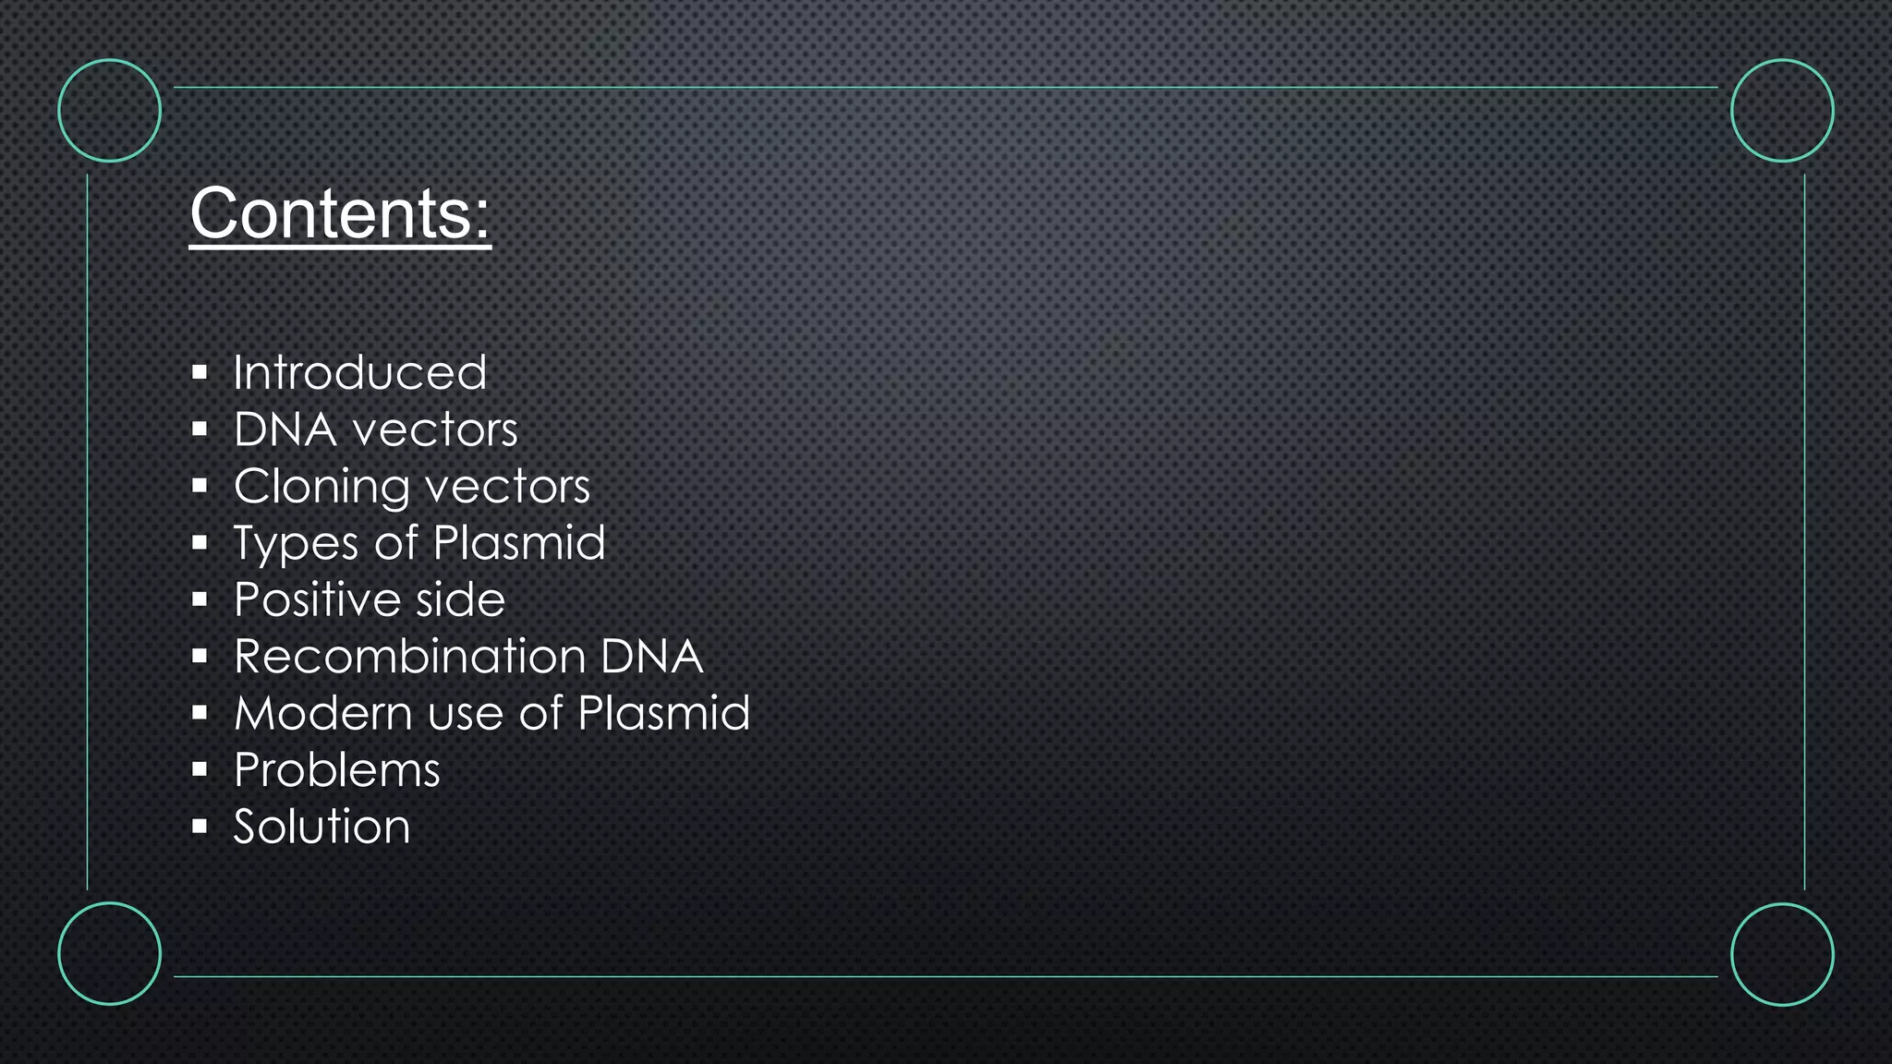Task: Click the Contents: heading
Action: click(x=340, y=213)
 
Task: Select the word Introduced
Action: click(x=359, y=372)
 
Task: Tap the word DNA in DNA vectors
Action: click(x=285, y=429)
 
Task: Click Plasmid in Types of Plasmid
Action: click(x=519, y=542)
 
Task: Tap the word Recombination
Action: click(x=409, y=657)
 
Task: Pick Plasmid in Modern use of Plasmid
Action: click(x=663, y=713)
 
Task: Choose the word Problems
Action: click(x=337, y=770)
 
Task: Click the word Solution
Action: click(x=321, y=827)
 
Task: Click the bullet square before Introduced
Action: click(x=200, y=373)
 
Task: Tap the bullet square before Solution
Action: click(x=200, y=827)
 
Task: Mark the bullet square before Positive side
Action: click(x=200, y=600)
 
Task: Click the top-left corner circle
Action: click(x=110, y=111)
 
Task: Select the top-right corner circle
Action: click(x=1782, y=111)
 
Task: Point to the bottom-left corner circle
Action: click(x=110, y=953)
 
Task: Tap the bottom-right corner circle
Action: click(x=1782, y=953)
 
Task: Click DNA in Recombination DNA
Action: click(x=652, y=657)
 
